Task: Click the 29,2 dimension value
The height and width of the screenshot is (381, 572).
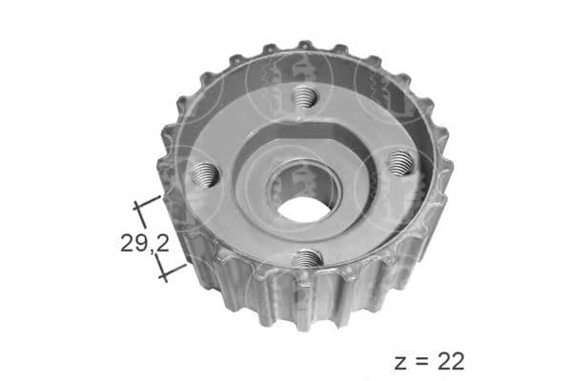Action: click(x=145, y=243)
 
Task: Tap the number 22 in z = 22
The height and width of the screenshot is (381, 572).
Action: click(x=451, y=361)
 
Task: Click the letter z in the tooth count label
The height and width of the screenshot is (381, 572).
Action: click(x=400, y=364)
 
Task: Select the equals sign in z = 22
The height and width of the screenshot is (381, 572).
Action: click(x=421, y=363)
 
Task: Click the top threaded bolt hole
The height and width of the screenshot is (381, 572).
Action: click(x=304, y=96)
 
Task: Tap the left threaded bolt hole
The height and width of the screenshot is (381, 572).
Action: click(x=205, y=174)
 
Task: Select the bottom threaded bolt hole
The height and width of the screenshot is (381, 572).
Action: click(x=309, y=258)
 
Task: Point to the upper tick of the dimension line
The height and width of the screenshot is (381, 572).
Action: click(x=147, y=202)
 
